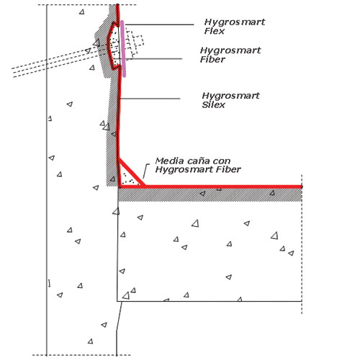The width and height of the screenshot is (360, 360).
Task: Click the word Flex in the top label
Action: (215, 31)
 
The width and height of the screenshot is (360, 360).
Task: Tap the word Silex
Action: (213, 105)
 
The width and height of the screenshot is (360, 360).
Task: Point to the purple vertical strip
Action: (123, 49)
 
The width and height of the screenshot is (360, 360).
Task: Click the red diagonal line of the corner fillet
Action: (132, 172)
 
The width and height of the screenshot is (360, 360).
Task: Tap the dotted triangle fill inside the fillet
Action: (128, 179)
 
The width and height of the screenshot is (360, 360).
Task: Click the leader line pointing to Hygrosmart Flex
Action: (159, 24)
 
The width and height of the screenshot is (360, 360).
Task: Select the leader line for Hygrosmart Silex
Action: (150, 99)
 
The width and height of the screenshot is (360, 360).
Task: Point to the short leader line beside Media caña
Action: (145, 171)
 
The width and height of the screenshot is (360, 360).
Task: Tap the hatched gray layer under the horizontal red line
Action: (210, 194)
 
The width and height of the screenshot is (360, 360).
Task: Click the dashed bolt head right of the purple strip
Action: (140, 41)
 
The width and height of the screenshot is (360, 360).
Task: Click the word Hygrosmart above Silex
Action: (230, 96)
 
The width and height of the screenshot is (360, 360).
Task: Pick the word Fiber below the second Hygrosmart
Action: (212, 59)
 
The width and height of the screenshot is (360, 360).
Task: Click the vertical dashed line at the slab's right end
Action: (302, 244)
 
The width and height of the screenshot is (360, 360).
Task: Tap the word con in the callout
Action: (222, 161)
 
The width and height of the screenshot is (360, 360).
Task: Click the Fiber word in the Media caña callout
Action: (228, 169)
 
